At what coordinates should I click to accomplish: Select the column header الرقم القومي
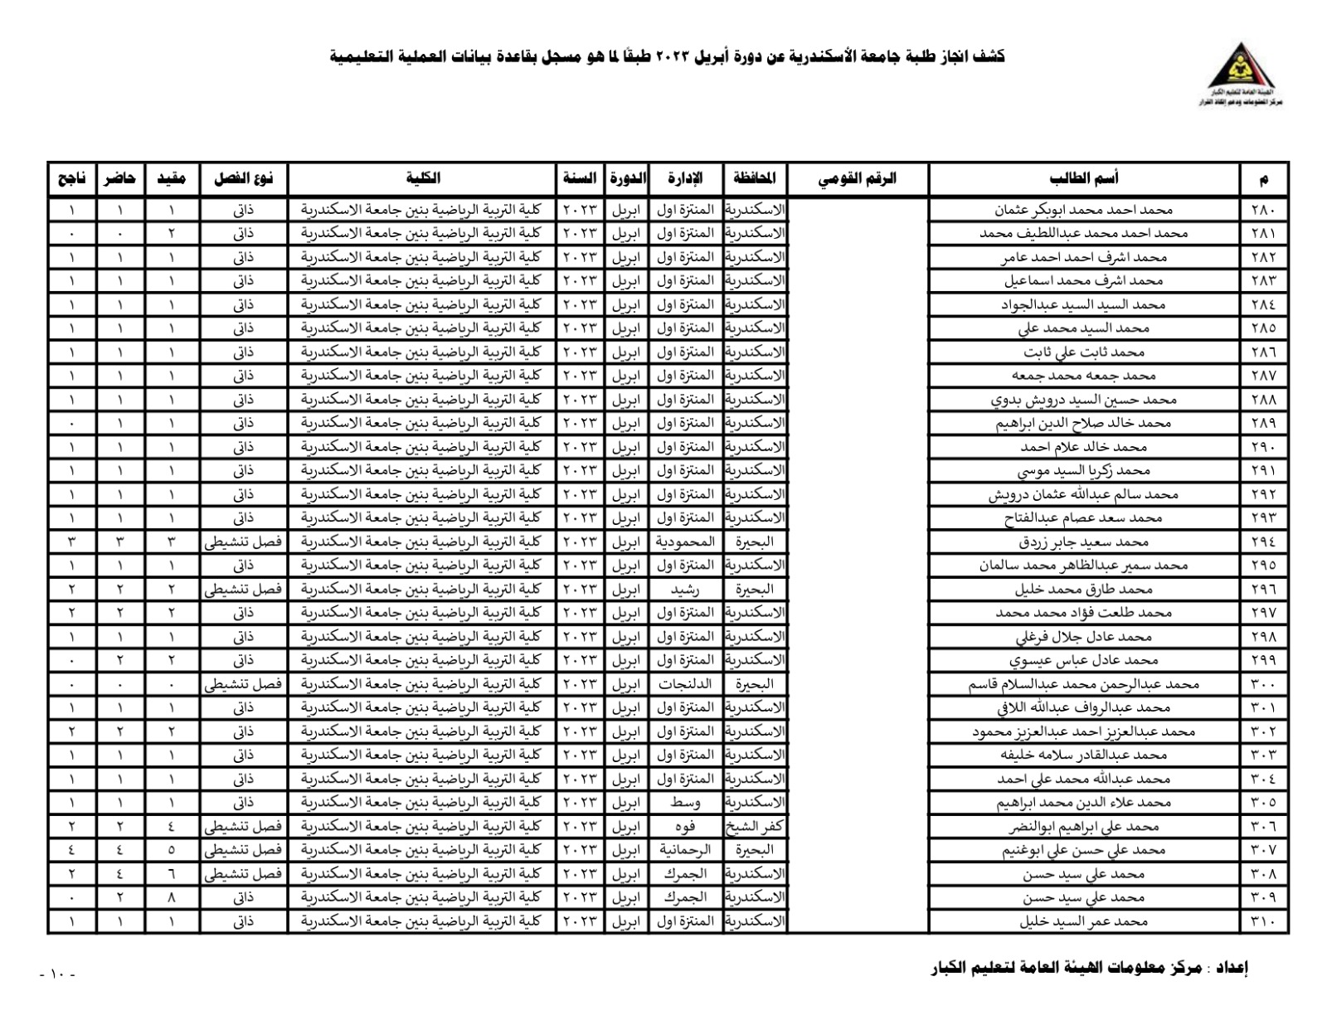click(x=858, y=178)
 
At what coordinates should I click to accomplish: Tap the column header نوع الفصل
click(x=243, y=178)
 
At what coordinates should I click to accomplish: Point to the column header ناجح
click(x=71, y=178)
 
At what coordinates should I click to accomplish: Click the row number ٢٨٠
click(x=1263, y=210)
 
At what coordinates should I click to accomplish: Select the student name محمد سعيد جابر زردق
click(x=1083, y=542)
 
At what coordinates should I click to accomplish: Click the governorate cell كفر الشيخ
click(x=755, y=827)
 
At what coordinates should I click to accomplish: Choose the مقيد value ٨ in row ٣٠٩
click(x=172, y=897)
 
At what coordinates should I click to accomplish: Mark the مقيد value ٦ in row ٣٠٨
click(x=172, y=874)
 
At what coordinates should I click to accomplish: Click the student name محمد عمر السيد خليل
click(x=1083, y=921)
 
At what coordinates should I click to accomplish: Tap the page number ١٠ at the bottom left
click(x=57, y=974)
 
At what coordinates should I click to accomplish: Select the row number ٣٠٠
click(x=1263, y=684)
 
